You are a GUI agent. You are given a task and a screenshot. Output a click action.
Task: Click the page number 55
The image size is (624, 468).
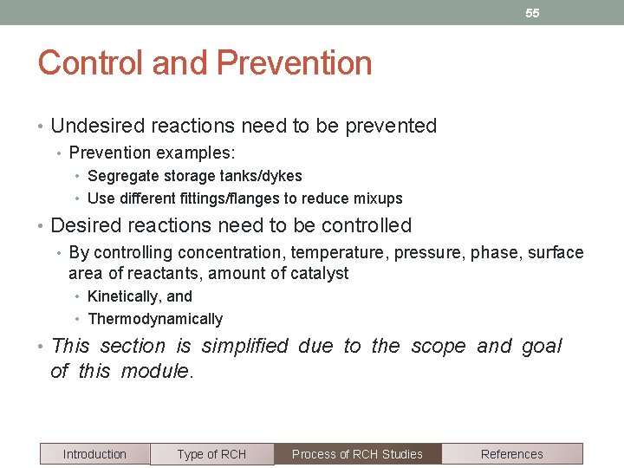click(532, 13)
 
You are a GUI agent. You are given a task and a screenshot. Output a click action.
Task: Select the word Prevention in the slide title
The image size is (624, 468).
click(294, 63)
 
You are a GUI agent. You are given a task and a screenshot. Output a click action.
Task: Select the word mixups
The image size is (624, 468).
click(377, 198)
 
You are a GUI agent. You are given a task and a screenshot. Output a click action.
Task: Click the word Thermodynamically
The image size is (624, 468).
click(155, 319)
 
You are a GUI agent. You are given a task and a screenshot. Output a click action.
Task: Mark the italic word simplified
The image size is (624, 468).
click(244, 347)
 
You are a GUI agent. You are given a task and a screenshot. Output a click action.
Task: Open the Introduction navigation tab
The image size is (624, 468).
click(94, 454)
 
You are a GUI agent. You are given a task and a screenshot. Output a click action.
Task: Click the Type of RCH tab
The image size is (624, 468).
click(211, 454)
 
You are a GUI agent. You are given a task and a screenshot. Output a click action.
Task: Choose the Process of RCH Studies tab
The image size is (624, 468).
click(357, 454)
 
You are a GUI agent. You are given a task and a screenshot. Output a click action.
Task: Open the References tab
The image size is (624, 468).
click(511, 454)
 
